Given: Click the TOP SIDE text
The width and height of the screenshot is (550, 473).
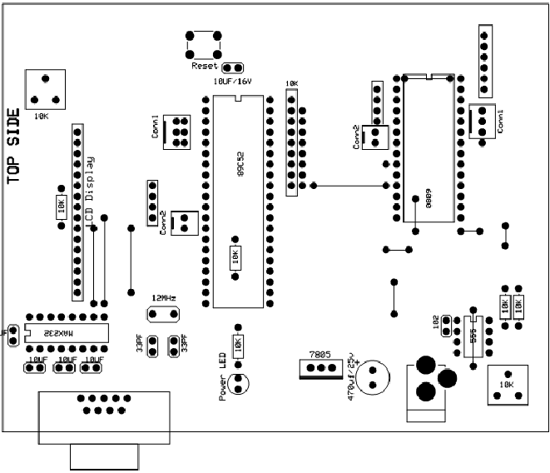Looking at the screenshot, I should [14, 145].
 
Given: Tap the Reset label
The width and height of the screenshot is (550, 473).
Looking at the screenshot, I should [204, 66].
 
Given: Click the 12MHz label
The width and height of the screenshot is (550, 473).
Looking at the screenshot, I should [163, 298].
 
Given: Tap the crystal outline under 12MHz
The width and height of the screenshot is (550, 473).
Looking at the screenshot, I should [163, 314].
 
